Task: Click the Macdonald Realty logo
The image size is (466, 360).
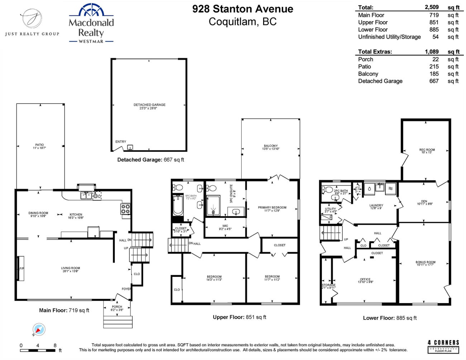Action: [91, 24]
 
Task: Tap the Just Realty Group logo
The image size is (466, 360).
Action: [32, 22]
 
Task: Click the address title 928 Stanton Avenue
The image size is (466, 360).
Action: [243, 9]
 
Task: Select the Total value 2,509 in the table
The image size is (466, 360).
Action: [432, 7]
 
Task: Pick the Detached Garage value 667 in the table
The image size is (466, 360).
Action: [434, 81]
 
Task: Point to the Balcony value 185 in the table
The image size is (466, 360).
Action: [434, 74]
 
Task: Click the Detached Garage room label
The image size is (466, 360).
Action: [149, 106]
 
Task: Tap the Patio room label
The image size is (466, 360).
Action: [39, 146]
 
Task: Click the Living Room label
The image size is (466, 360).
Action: [71, 269]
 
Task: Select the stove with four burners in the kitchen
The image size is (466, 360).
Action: [125, 209]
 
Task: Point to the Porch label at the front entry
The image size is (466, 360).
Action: [117, 308]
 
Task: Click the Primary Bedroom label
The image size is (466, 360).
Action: [272, 209]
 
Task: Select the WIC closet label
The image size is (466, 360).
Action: [225, 227]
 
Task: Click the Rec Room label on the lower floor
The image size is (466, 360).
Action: [427, 151]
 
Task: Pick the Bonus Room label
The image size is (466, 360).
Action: [425, 263]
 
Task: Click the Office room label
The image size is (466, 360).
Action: [365, 280]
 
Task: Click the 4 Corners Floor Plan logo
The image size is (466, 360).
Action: [443, 346]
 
